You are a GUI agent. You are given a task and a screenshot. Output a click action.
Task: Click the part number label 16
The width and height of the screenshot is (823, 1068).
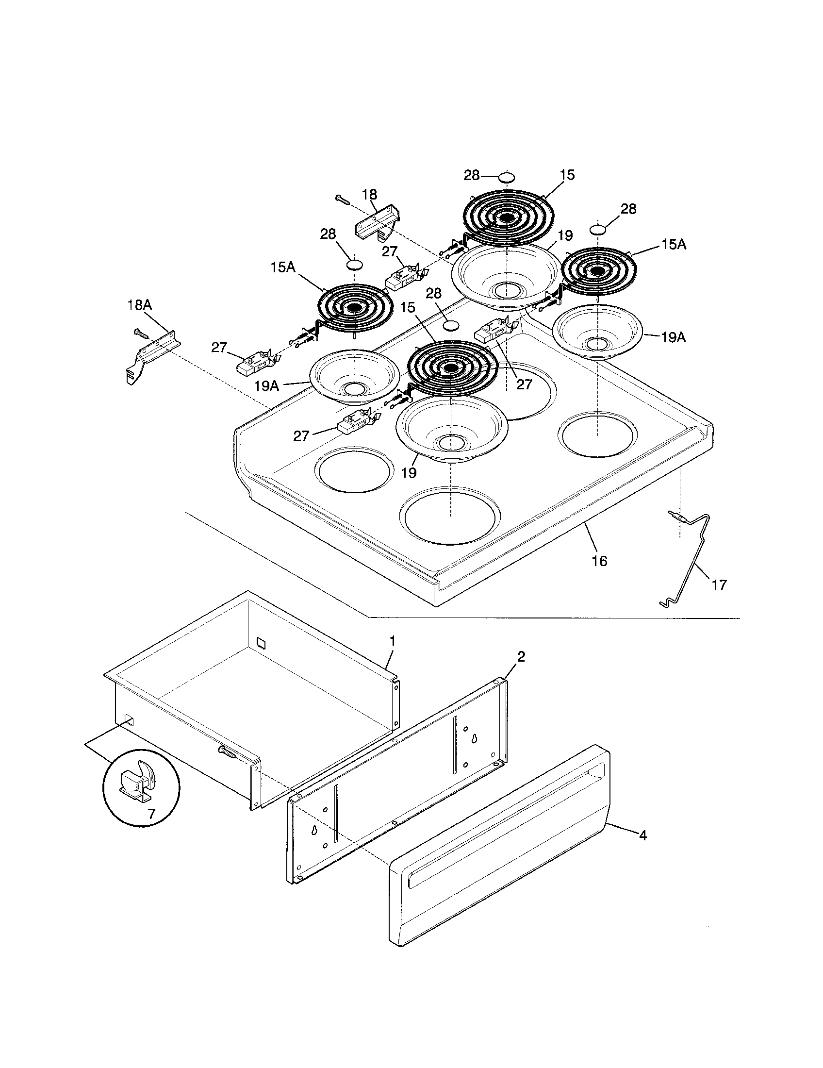point(599,561)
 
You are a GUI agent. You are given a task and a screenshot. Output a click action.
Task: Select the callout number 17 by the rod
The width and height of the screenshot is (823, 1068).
point(719,584)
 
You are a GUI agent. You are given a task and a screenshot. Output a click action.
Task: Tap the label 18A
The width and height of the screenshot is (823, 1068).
point(139,305)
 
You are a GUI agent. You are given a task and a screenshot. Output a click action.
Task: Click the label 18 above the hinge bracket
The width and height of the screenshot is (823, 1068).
point(369,194)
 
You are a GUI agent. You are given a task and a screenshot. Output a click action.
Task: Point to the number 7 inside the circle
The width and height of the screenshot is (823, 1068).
point(151,814)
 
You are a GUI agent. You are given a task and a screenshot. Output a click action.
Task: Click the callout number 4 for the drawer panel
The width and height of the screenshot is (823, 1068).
point(642,836)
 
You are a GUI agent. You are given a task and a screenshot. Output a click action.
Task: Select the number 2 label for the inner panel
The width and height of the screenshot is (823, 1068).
point(521,657)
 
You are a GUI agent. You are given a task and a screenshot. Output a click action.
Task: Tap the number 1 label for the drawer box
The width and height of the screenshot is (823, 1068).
point(392,640)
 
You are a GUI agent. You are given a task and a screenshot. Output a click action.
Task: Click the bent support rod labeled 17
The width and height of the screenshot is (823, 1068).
point(689,562)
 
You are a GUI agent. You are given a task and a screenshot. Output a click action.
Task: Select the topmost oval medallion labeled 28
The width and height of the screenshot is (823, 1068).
point(506,177)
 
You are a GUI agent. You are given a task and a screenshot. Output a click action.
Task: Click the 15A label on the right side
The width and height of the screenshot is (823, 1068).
point(674,245)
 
